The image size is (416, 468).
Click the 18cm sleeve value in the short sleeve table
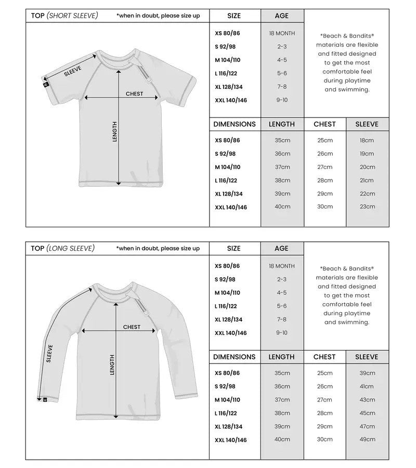coord(367,140)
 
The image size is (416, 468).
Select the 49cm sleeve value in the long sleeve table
coord(367,439)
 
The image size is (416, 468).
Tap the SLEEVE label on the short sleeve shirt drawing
coord(73,72)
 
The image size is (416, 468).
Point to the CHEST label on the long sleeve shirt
coord(132,327)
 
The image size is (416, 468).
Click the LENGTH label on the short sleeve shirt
coord(115,131)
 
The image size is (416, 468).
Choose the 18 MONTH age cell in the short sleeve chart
coord(282,33)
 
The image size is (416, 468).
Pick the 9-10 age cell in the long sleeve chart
coord(282,333)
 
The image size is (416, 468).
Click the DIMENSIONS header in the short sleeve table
coord(235,124)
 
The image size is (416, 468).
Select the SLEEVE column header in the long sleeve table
coord(367,357)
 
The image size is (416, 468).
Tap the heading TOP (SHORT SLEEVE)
coord(64,16)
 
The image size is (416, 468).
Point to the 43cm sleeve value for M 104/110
coord(367,400)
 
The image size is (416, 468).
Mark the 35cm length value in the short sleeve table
coord(282,140)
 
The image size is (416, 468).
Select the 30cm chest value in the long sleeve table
coord(324,439)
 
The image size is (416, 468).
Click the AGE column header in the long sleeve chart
coord(282,249)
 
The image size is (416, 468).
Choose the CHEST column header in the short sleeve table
coord(324,124)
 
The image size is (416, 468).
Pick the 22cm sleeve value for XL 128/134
coord(367,193)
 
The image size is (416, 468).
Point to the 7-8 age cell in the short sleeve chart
coord(282,86)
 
